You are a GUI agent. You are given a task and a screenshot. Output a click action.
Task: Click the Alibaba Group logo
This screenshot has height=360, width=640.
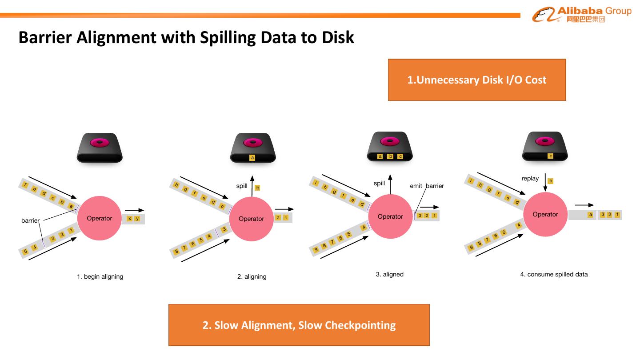point(581,14)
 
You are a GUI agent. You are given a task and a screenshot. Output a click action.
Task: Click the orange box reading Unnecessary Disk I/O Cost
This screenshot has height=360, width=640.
point(476,80)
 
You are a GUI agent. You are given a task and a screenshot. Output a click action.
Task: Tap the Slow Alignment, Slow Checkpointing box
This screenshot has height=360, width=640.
point(299,325)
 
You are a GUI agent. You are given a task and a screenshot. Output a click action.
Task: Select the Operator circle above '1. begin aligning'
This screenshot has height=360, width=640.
point(100,218)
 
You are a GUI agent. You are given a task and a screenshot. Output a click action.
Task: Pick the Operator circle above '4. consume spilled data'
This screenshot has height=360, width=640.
point(545,214)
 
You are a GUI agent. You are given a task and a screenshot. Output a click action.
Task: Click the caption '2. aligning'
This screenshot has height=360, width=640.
point(252,276)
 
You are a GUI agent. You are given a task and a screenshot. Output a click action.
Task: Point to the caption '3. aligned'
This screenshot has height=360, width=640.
point(389,274)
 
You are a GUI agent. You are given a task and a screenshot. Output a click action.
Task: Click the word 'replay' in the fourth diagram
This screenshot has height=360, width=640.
point(530,179)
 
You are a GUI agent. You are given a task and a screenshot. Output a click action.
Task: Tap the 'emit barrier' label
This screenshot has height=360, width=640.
point(427,186)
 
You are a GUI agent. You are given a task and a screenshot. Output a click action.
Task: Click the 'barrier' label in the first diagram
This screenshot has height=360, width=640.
point(30,220)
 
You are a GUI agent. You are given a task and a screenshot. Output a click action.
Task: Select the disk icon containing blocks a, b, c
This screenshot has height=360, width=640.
point(390,147)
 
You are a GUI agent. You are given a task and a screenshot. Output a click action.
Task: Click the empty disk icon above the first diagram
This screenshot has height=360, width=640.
point(100,148)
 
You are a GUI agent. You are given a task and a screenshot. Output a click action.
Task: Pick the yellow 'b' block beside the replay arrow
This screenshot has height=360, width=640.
point(551,181)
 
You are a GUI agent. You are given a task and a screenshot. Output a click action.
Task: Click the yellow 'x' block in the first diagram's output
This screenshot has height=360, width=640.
point(129,218)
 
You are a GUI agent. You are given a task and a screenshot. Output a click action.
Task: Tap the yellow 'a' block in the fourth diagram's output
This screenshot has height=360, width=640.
point(590,215)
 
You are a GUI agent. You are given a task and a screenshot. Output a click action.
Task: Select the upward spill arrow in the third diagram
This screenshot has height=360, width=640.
point(390,184)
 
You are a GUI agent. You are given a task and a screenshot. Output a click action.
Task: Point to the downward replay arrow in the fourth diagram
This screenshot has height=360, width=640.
point(545,183)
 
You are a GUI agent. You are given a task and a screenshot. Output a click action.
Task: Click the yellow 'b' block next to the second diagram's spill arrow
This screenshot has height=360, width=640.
point(257,188)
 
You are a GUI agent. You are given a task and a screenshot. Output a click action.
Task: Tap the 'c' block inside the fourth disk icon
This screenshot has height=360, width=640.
point(551,156)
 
